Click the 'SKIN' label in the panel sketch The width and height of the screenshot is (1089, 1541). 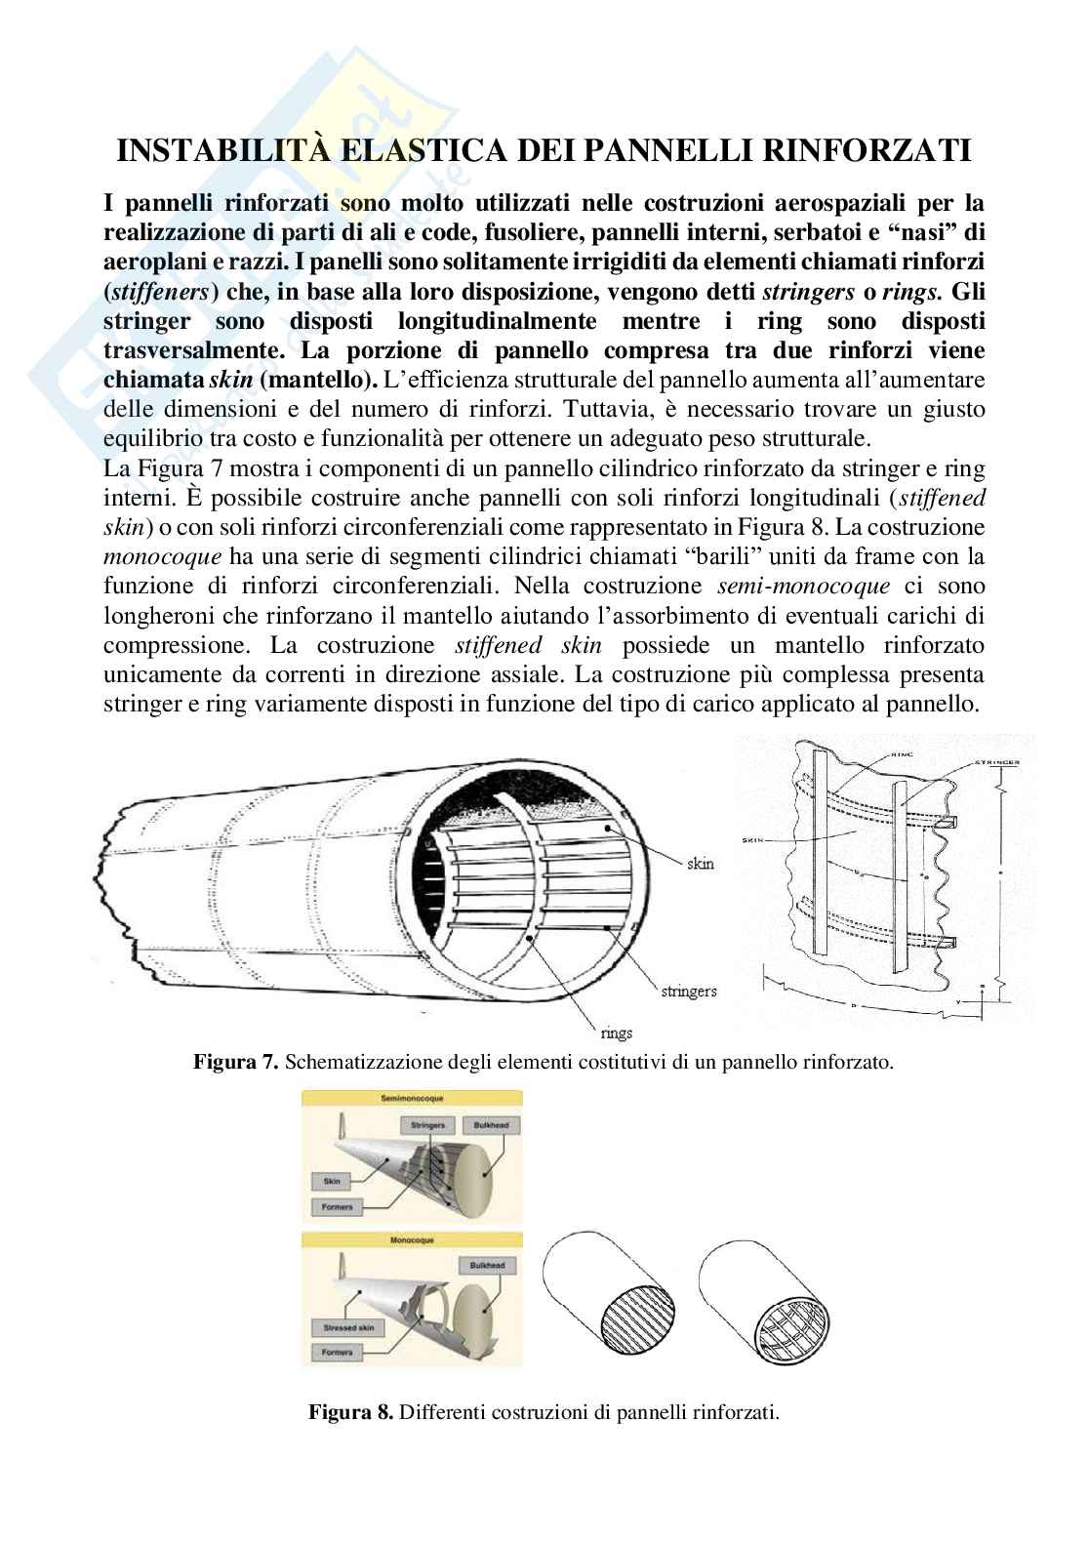click(754, 838)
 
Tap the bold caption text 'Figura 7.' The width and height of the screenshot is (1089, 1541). click(237, 1062)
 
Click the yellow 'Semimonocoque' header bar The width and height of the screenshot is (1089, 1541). click(412, 1098)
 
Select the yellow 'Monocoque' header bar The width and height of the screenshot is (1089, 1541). click(412, 1238)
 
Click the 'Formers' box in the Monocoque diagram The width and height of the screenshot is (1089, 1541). click(337, 1352)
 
